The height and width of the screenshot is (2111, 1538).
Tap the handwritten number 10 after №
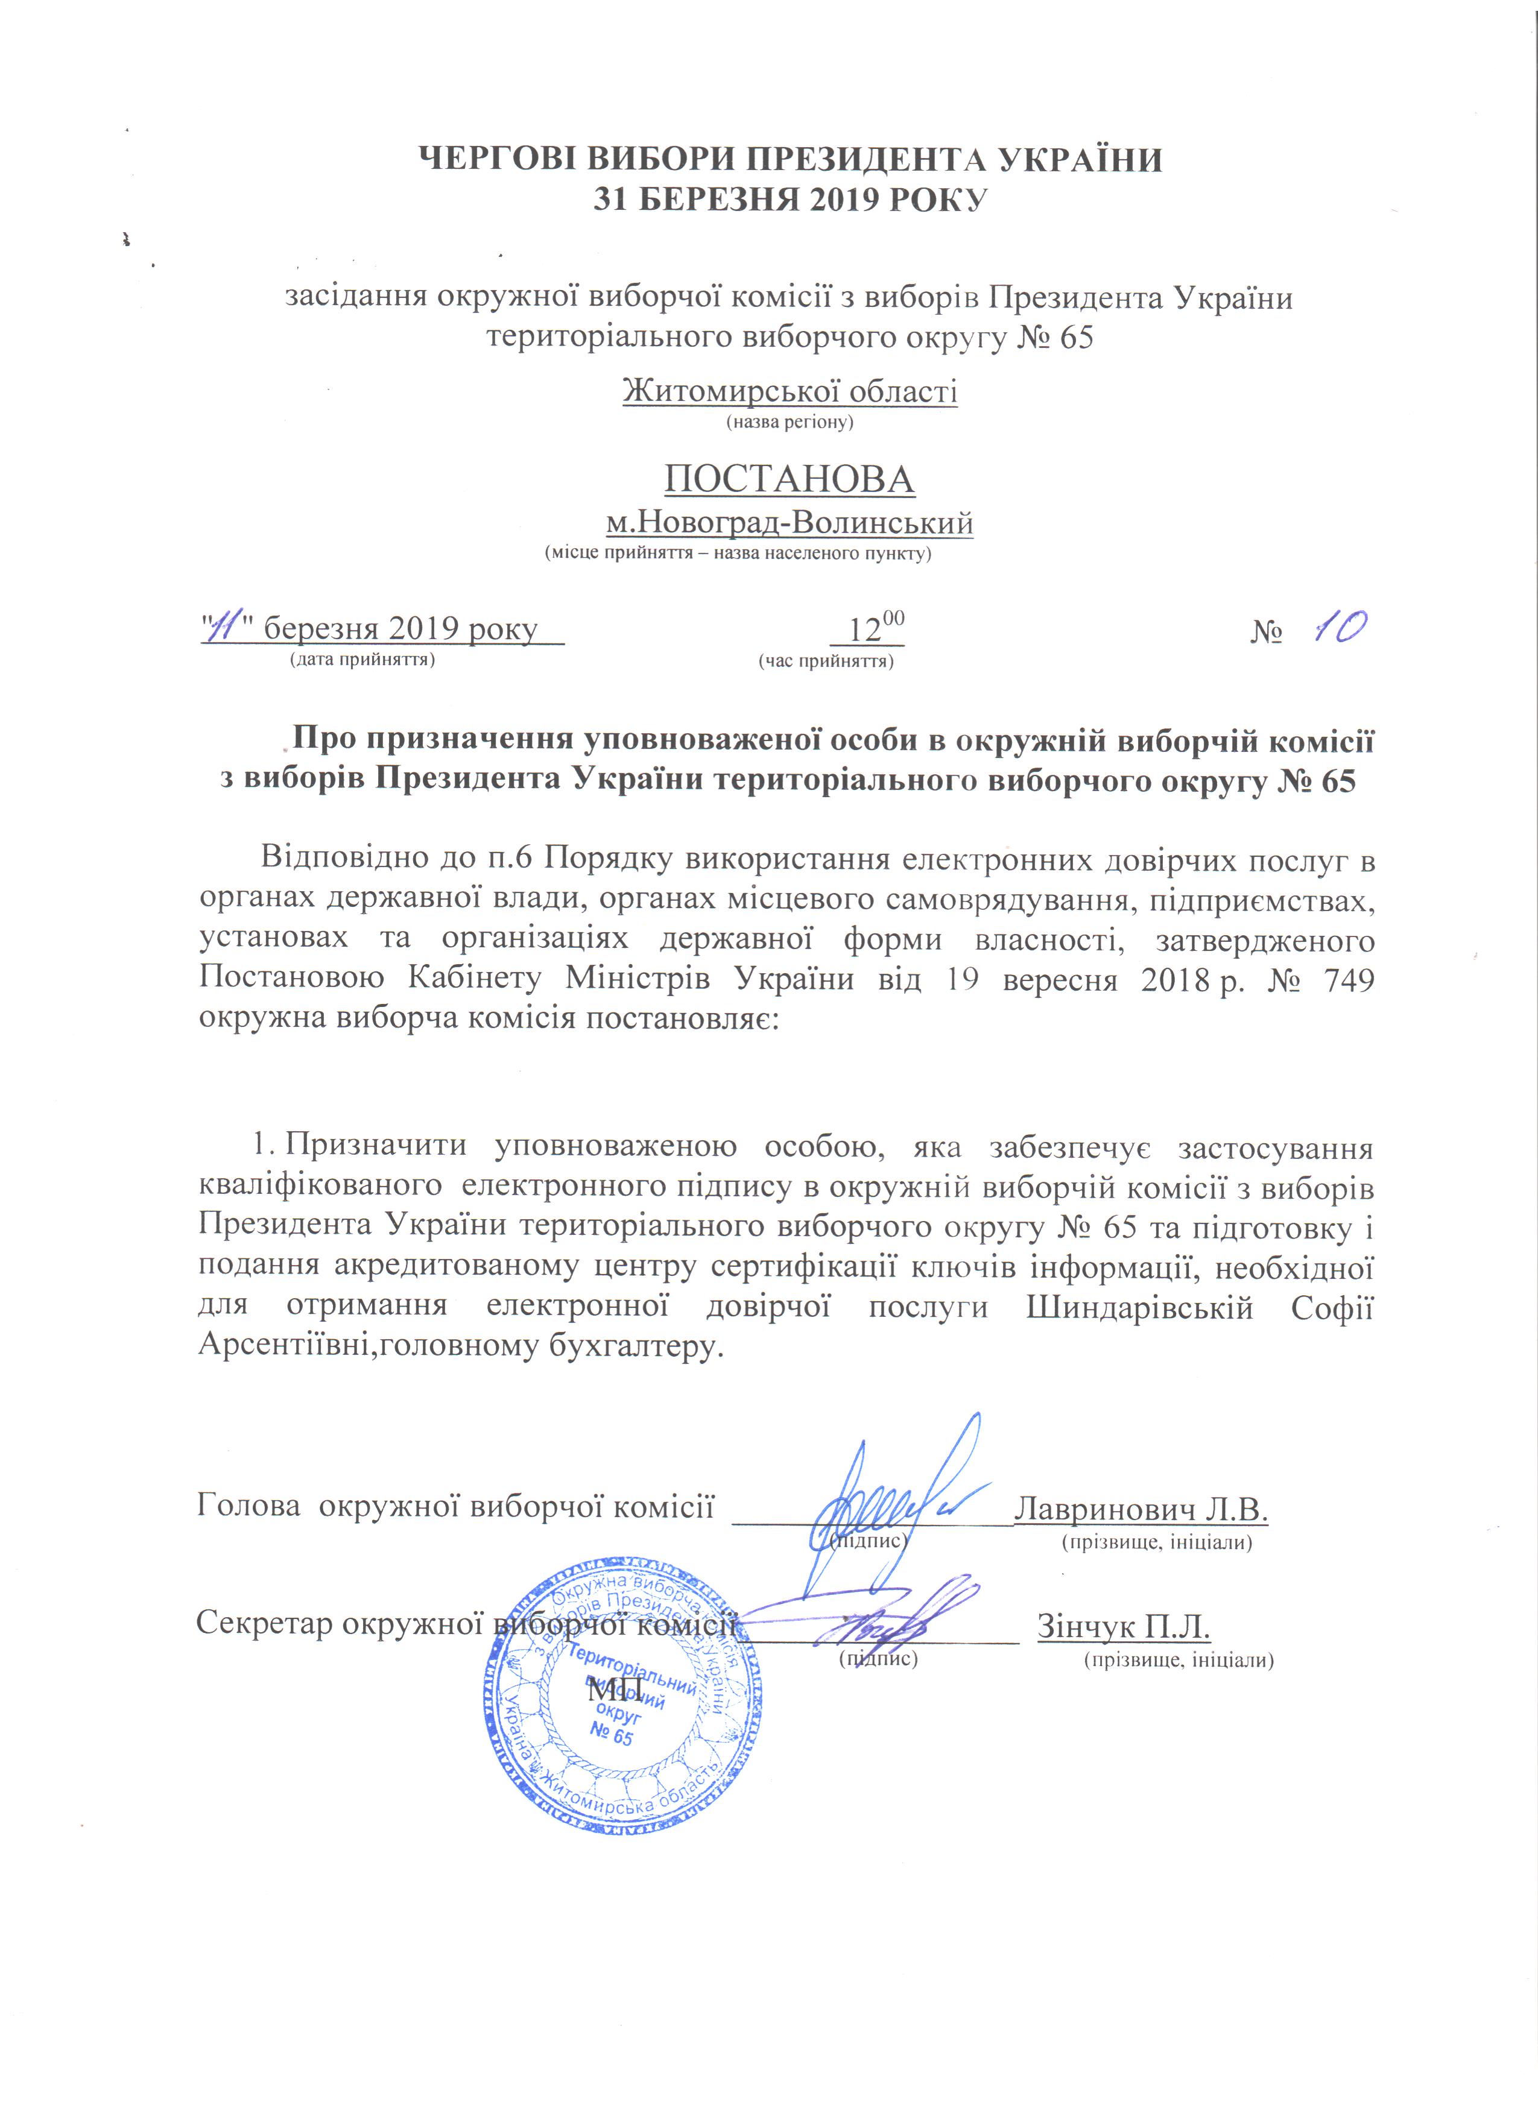click(x=1339, y=630)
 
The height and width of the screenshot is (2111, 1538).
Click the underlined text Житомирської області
click(x=790, y=391)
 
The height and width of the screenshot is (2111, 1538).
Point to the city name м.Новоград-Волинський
click(x=790, y=523)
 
